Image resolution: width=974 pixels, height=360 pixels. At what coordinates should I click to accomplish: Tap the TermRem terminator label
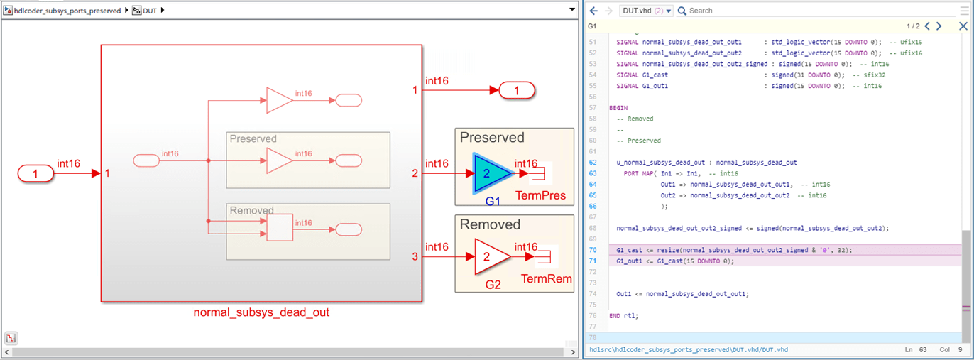point(547,278)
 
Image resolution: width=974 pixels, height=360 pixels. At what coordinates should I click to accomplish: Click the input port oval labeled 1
point(35,173)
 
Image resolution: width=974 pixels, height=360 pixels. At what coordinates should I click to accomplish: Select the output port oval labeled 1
point(517,90)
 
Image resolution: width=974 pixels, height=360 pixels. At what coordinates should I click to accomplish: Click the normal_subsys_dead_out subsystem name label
point(261,312)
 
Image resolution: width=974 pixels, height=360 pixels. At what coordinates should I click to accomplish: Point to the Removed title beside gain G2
point(490,224)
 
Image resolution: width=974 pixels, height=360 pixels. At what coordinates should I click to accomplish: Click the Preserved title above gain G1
point(492,138)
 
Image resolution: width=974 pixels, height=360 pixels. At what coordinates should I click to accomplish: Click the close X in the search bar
point(963,26)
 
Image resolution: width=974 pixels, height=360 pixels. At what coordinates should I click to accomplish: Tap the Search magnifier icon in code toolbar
point(682,11)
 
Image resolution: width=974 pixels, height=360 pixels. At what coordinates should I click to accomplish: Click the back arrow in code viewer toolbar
point(593,11)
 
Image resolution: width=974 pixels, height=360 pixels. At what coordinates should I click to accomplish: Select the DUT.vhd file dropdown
point(646,11)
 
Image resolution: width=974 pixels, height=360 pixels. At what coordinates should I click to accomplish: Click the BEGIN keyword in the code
point(618,107)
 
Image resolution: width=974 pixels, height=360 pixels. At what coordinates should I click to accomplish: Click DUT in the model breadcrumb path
point(149,11)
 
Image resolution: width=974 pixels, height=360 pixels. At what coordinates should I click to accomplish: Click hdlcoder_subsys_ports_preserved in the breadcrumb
point(67,11)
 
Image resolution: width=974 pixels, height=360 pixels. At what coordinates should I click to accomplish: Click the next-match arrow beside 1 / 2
point(939,26)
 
